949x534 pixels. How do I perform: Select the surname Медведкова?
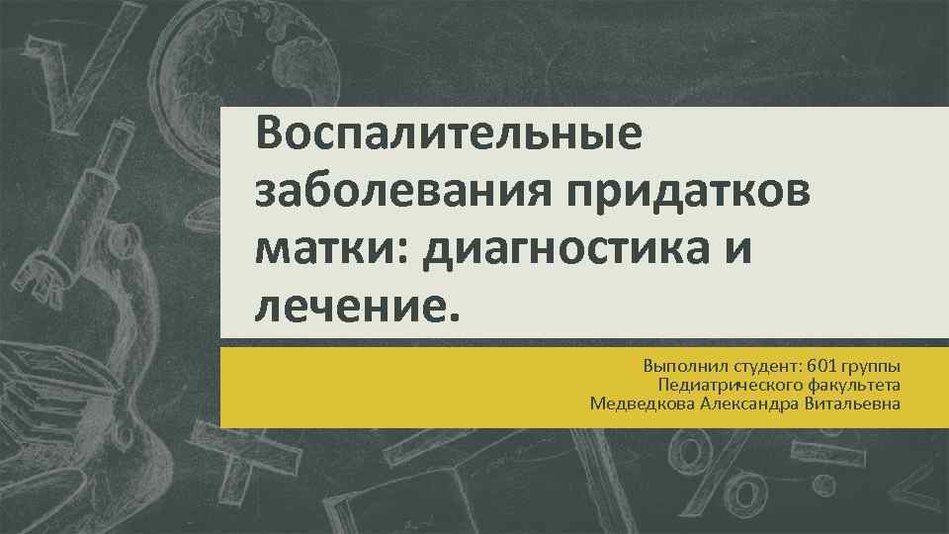tap(637, 402)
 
